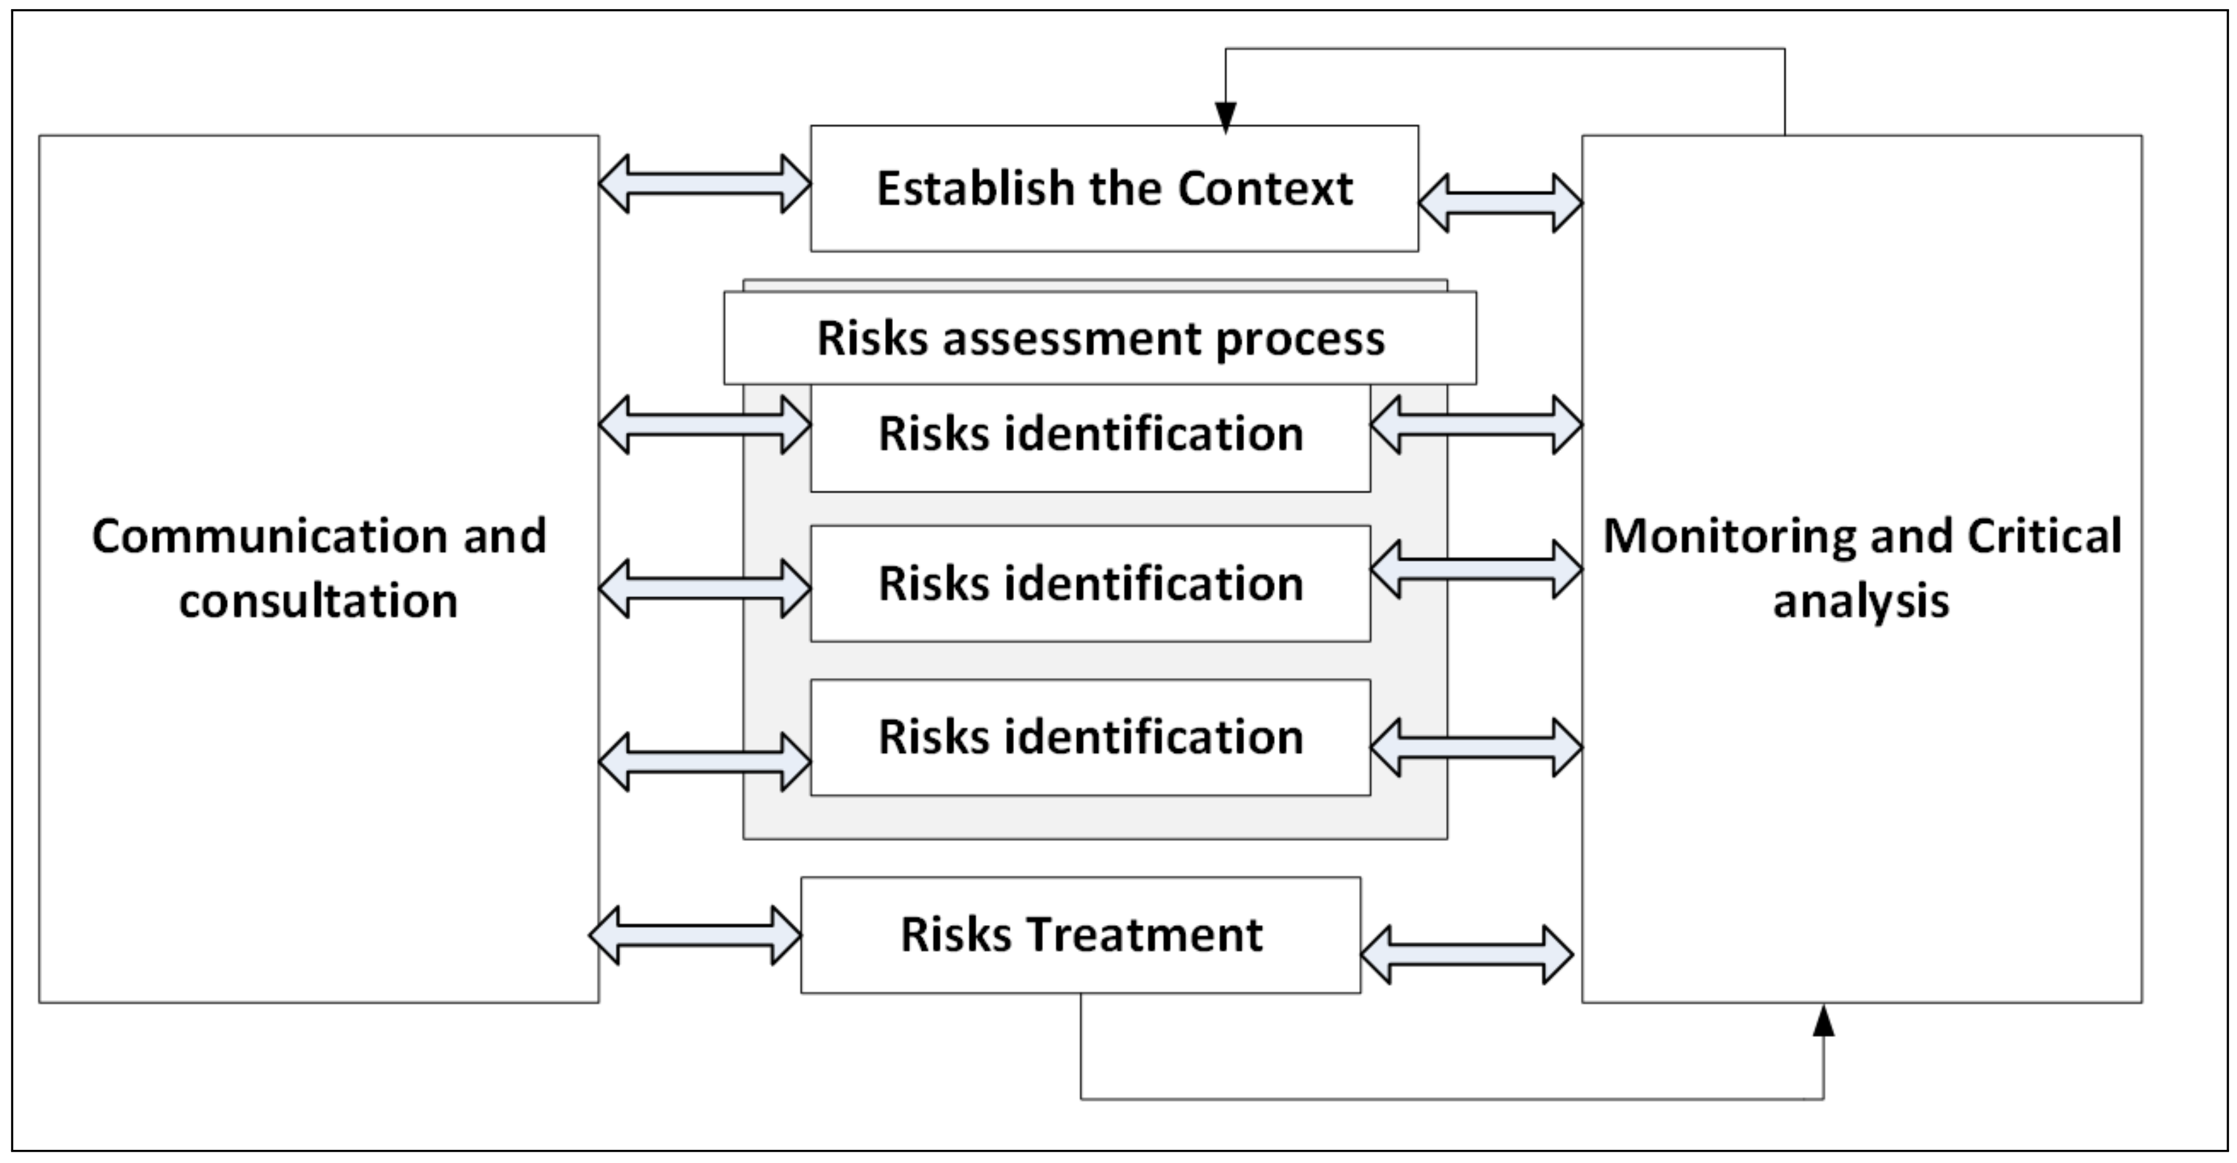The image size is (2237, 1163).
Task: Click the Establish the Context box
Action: tap(1114, 189)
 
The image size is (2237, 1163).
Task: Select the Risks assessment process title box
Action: tap(1099, 338)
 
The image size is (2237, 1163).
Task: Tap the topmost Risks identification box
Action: tap(1091, 434)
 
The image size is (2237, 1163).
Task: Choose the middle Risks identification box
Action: tap(1091, 583)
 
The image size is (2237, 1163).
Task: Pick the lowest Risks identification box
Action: tap(1091, 737)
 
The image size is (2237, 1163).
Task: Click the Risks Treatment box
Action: tap(1080, 935)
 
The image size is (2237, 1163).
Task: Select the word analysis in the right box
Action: tap(1861, 601)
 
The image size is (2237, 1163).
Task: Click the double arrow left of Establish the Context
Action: tap(704, 184)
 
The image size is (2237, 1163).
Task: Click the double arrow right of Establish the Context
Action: tap(1500, 203)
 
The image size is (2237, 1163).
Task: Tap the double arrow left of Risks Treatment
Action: tap(695, 936)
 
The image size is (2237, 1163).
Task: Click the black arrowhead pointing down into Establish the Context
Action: tap(1225, 117)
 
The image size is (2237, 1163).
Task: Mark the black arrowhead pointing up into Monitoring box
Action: tap(1823, 1022)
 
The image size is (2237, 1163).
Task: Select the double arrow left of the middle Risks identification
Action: tap(704, 589)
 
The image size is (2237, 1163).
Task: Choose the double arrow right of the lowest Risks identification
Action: tap(1476, 746)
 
